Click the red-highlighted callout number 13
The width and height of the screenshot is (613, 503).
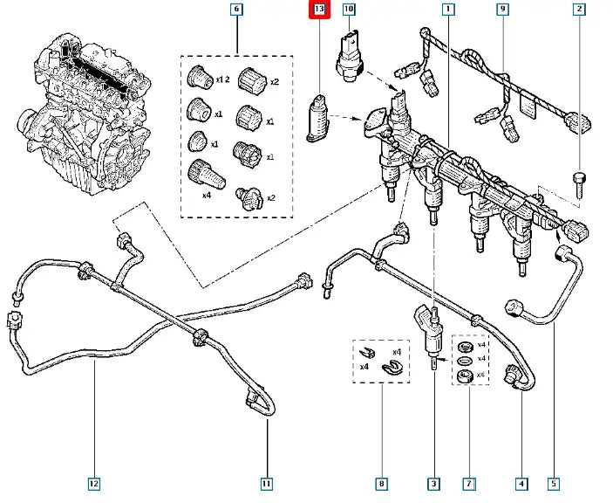(x=319, y=10)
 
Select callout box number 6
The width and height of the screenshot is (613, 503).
(x=235, y=10)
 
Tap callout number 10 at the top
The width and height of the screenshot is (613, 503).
(x=349, y=10)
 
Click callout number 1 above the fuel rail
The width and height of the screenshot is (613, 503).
(x=448, y=10)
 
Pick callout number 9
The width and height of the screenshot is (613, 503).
(x=502, y=10)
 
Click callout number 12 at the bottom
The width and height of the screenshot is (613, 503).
(x=93, y=482)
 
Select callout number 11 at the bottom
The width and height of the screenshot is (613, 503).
(x=267, y=482)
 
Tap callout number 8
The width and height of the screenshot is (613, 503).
(x=381, y=482)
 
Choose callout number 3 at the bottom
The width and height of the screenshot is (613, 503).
(x=434, y=482)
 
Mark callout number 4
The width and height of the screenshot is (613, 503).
(x=521, y=482)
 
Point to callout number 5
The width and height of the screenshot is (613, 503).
(x=555, y=482)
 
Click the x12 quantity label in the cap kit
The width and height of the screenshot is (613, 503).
(x=223, y=80)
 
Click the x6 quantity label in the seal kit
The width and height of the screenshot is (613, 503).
(x=481, y=374)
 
